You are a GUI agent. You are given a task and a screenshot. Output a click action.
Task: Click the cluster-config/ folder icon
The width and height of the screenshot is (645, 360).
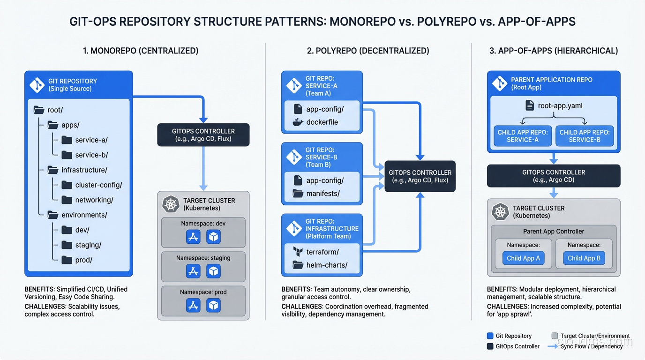click(67, 185)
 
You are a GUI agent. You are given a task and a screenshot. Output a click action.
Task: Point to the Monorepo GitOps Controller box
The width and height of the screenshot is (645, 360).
click(203, 135)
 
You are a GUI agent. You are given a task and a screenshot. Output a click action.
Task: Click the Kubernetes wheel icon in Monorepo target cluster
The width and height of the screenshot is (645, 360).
click(171, 204)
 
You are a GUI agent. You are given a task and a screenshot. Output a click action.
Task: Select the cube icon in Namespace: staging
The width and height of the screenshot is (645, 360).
click(214, 271)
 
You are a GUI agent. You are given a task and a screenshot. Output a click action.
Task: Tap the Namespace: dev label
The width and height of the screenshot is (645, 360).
click(203, 224)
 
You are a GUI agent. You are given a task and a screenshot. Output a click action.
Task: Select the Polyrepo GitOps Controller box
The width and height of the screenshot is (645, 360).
click(420, 176)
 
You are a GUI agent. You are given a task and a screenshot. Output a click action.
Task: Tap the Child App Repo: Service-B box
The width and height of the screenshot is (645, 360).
click(585, 136)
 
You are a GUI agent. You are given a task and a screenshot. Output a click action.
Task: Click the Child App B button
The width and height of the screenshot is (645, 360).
click(584, 258)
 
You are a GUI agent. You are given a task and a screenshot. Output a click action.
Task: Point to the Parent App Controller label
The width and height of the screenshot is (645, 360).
click(554, 232)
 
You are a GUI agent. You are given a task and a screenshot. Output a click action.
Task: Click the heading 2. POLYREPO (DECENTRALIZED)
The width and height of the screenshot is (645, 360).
click(368, 51)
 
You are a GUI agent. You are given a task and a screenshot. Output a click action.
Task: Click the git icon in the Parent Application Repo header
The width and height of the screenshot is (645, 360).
click(500, 84)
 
